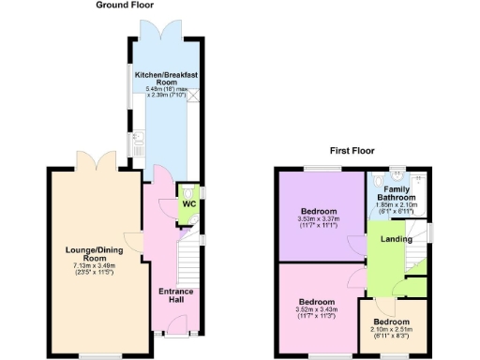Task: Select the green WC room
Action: pyautogui.click(x=187, y=204)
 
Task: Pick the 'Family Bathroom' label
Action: pyautogui.click(x=397, y=193)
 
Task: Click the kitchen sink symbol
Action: pyautogui.click(x=138, y=143)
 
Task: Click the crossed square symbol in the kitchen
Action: pyautogui.click(x=193, y=94)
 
